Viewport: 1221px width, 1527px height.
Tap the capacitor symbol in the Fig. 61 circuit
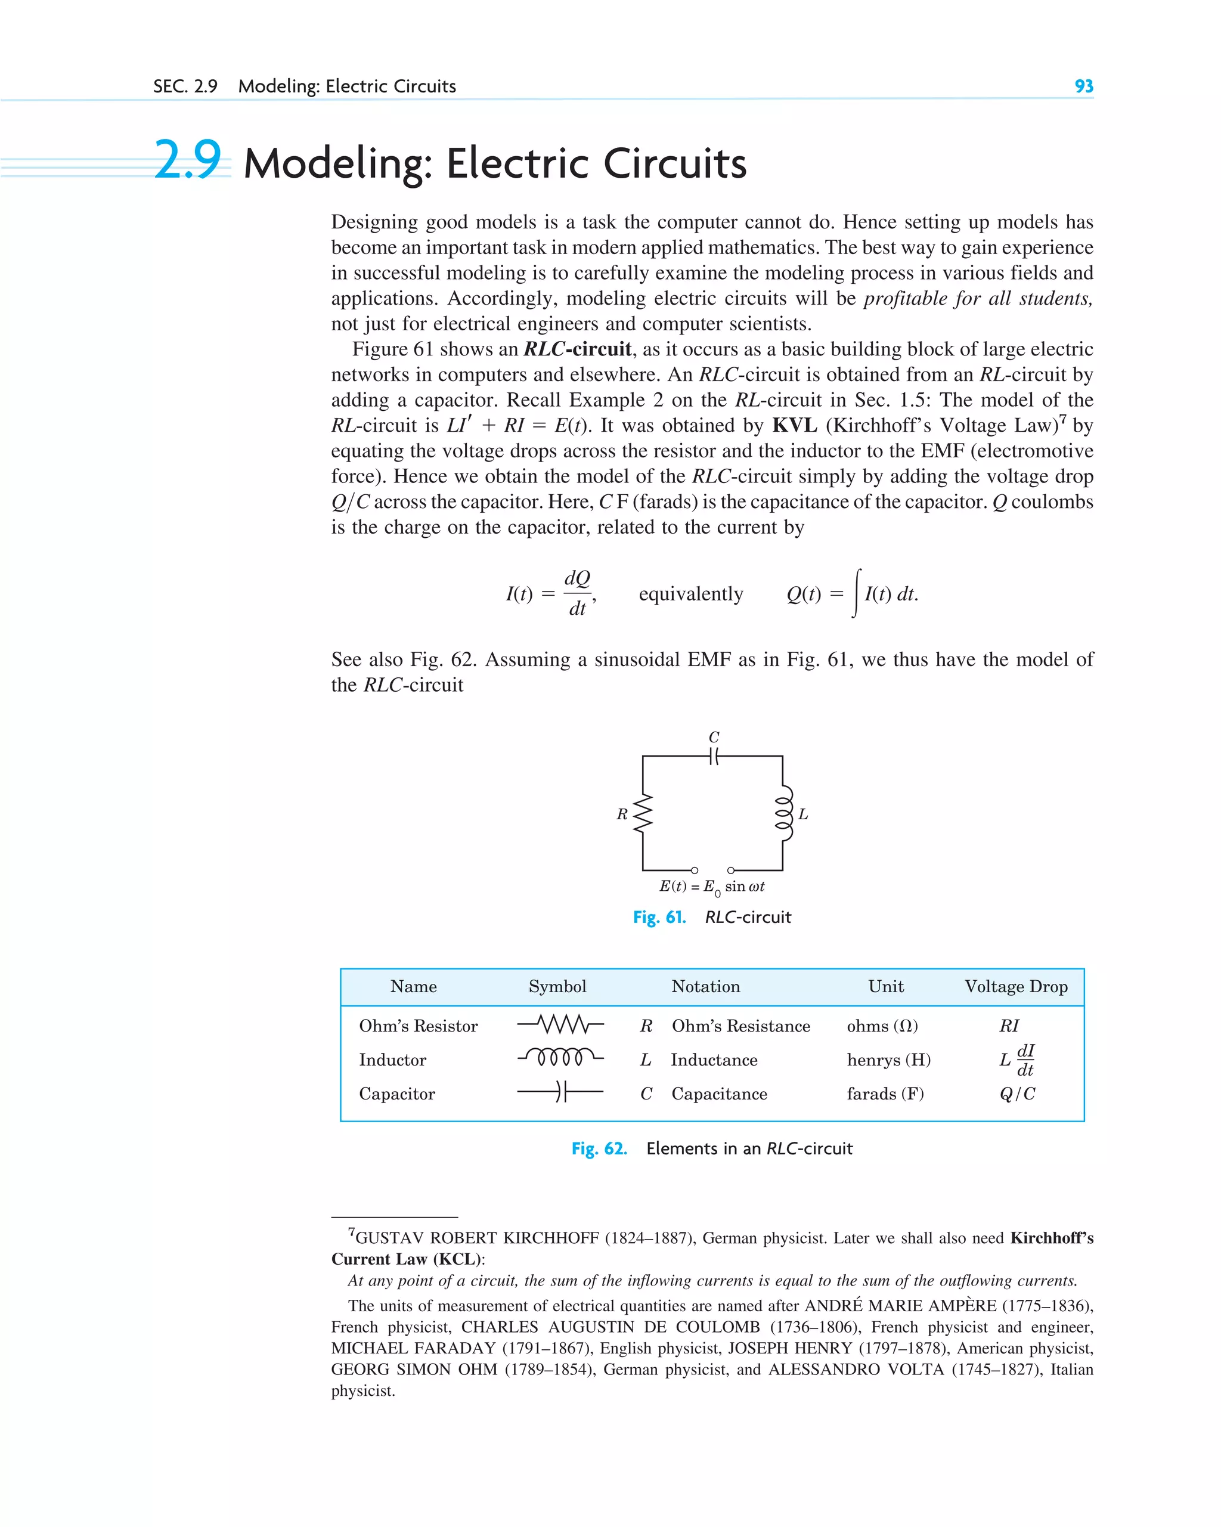pyautogui.click(x=713, y=757)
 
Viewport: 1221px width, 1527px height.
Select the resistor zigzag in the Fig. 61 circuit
pyautogui.click(x=642, y=813)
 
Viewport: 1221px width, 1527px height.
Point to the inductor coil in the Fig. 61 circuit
pyautogui.click(x=784, y=813)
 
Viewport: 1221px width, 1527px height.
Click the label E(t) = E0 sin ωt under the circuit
pyautogui.click(x=712, y=887)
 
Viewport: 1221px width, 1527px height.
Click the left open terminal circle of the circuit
pyautogui.click(x=694, y=870)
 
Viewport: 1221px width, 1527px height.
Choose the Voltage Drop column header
pyautogui.click(x=1015, y=987)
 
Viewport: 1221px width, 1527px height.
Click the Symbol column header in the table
pyautogui.click(x=557, y=987)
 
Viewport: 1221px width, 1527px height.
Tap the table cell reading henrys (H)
pyautogui.click(x=888, y=1060)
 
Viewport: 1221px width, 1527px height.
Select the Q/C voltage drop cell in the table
pyautogui.click(x=1017, y=1094)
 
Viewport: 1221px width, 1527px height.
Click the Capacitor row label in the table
pyautogui.click(x=396, y=1094)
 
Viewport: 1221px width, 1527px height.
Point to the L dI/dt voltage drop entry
pyautogui.click(x=1017, y=1060)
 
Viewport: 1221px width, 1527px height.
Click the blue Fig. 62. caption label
pyautogui.click(x=599, y=1148)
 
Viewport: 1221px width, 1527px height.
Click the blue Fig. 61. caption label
pyautogui.click(x=659, y=917)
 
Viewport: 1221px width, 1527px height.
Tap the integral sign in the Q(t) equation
pyautogui.click(x=857, y=593)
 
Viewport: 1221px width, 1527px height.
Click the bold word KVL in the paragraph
pyautogui.click(x=794, y=425)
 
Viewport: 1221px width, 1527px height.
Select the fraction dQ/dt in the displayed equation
pyautogui.click(x=577, y=593)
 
